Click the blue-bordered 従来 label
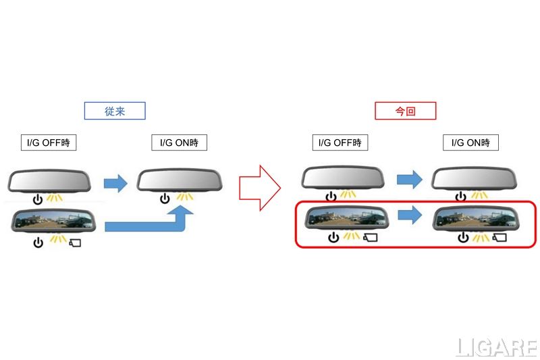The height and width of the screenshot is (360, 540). pyautogui.click(x=115, y=111)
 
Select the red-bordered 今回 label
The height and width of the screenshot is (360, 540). pyautogui.click(x=405, y=111)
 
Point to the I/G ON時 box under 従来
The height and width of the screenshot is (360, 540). pyautogui.click(x=179, y=143)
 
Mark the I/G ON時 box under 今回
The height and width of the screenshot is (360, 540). pyautogui.click(x=470, y=143)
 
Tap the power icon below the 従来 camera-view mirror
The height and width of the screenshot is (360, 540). pyautogui.click(x=38, y=242)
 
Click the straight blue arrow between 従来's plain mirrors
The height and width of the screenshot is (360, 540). pyautogui.click(x=115, y=182)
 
